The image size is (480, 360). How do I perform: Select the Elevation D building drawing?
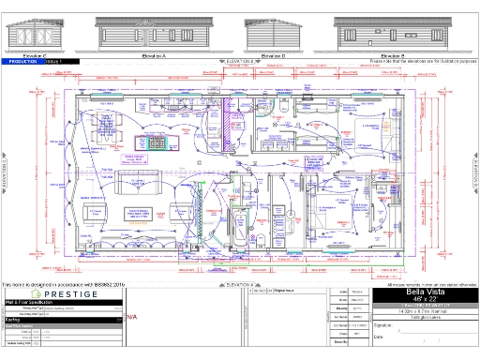tap(274, 36)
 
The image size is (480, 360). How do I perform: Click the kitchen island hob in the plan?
tap(150, 142)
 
